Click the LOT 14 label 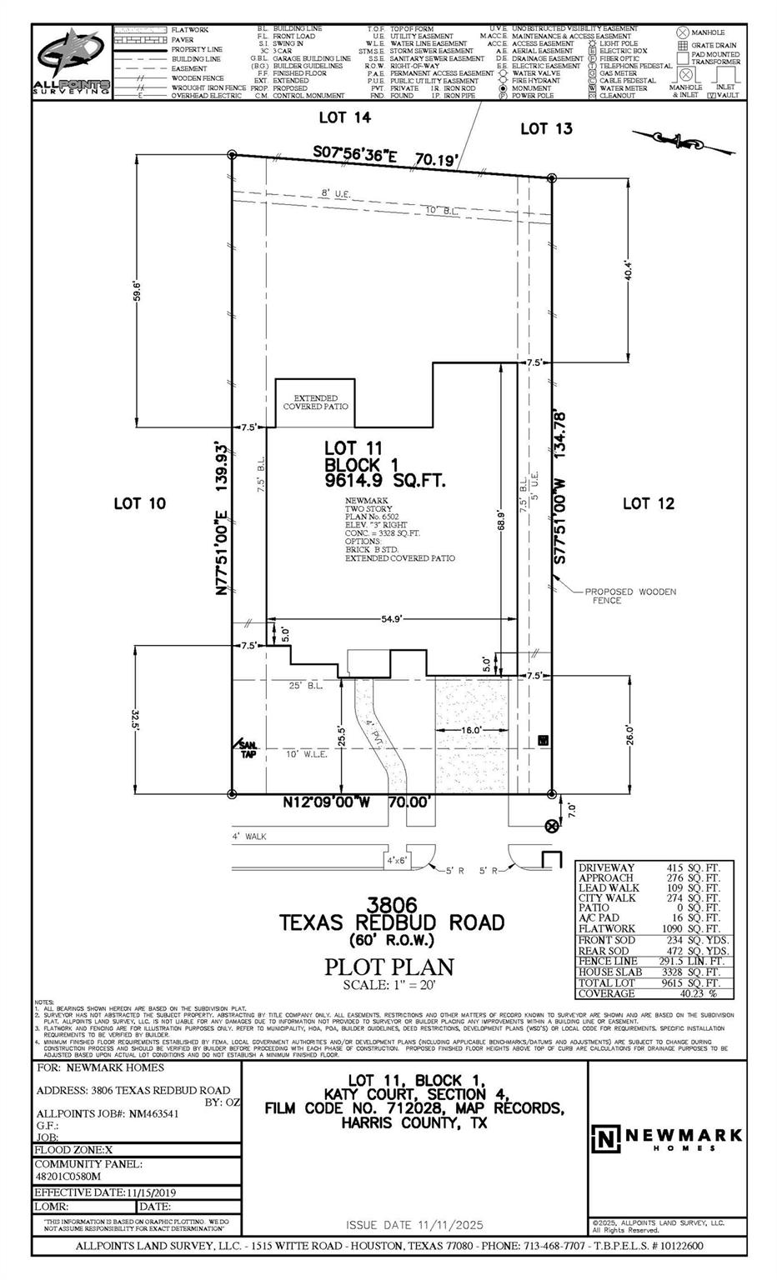[x=345, y=118]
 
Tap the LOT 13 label [x=546, y=128]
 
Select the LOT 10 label [x=139, y=503]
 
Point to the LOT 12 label [x=649, y=503]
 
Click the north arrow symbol [x=684, y=141]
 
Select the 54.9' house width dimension [x=393, y=619]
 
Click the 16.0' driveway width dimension [x=472, y=730]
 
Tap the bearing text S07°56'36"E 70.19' [x=385, y=157]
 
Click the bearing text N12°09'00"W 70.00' [x=359, y=802]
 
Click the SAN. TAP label [x=247, y=748]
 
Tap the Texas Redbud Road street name [x=391, y=922]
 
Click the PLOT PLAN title [x=388, y=967]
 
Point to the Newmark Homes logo [x=667, y=1137]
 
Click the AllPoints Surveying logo [x=72, y=62]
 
